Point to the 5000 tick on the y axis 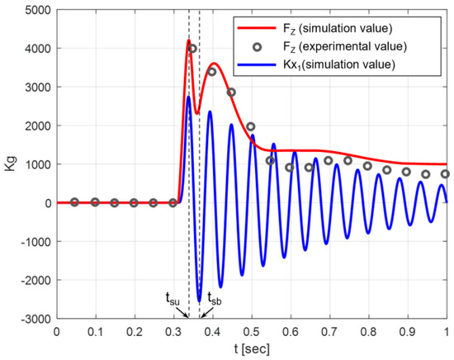pyautogui.click(x=35, y=11)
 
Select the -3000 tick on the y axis pyautogui.click(x=33, y=319)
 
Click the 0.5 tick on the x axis pyautogui.click(x=251, y=331)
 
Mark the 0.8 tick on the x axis pyautogui.click(x=368, y=331)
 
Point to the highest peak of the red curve pyautogui.click(x=188, y=40)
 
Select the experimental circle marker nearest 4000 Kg pyautogui.click(x=192, y=49)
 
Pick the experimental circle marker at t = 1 pyautogui.click(x=446, y=174)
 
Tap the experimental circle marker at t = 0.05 pyautogui.click(x=75, y=202)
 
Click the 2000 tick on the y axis pyautogui.click(x=35, y=126)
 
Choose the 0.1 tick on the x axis pyautogui.click(x=95, y=331)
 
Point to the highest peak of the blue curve pyautogui.click(x=188, y=97)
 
